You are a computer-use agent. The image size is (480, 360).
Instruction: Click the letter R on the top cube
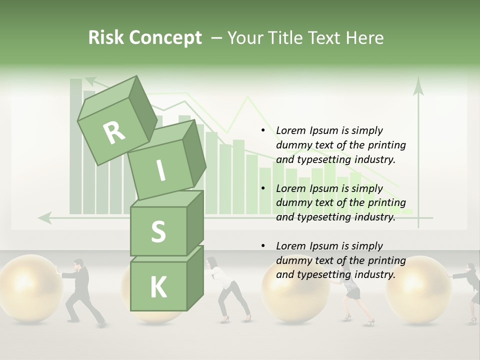(114, 133)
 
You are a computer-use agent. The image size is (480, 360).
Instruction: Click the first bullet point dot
(263, 131)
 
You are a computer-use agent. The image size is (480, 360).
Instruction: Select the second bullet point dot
(263, 189)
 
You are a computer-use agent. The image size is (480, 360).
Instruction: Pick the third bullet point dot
(263, 246)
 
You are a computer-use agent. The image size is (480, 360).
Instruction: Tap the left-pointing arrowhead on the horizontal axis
(45, 217)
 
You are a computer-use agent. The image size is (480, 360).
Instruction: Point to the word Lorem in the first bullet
(290, 130)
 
